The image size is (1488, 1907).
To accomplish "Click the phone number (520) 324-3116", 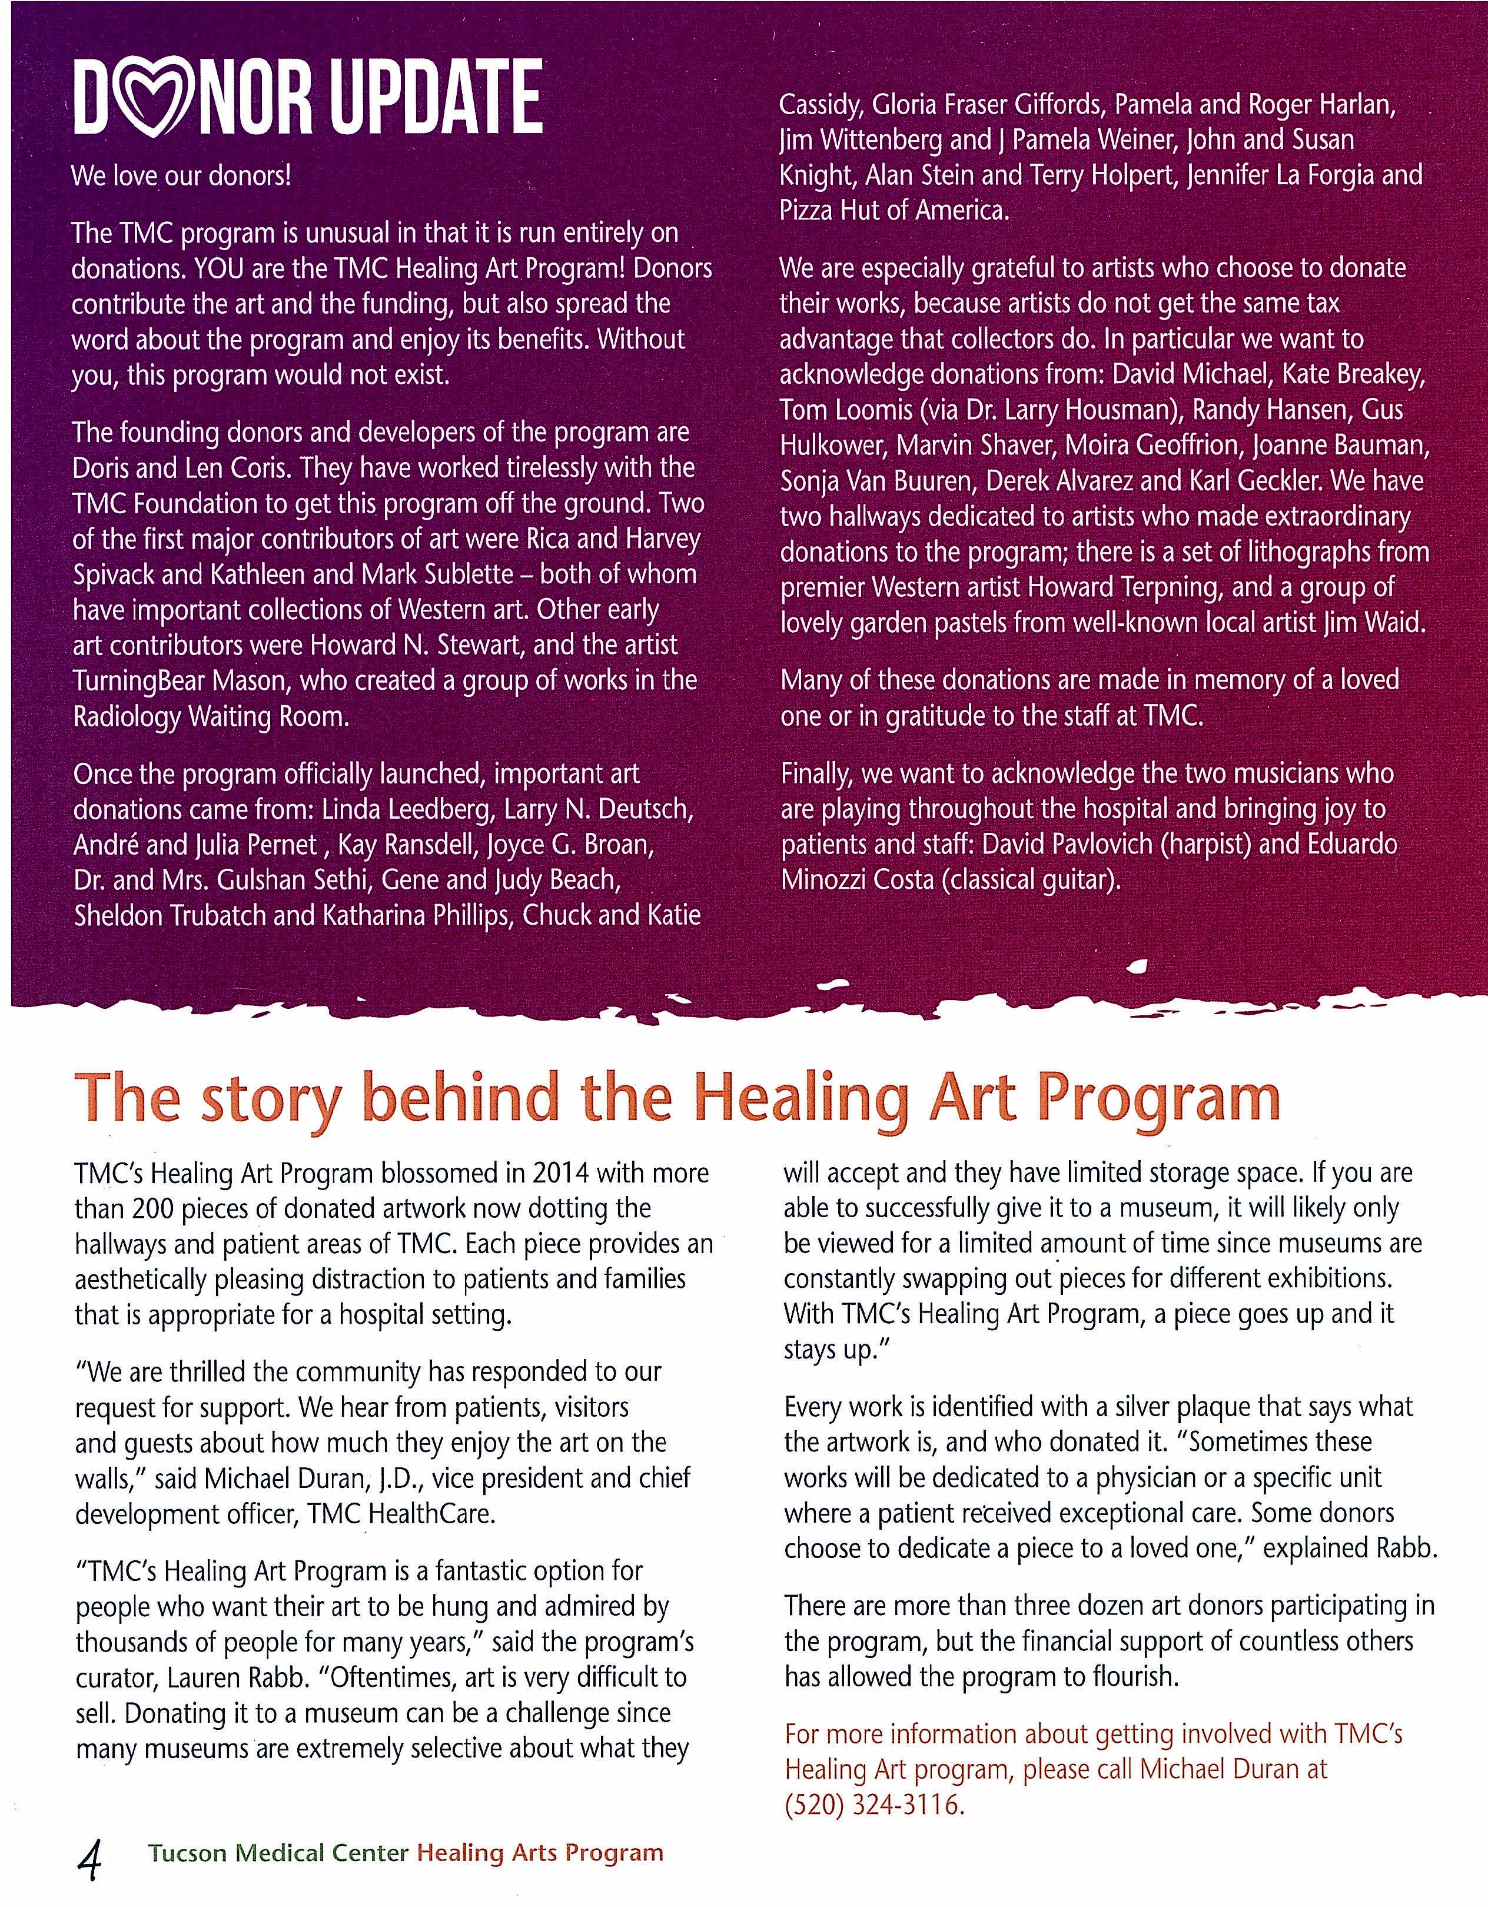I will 875,1804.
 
